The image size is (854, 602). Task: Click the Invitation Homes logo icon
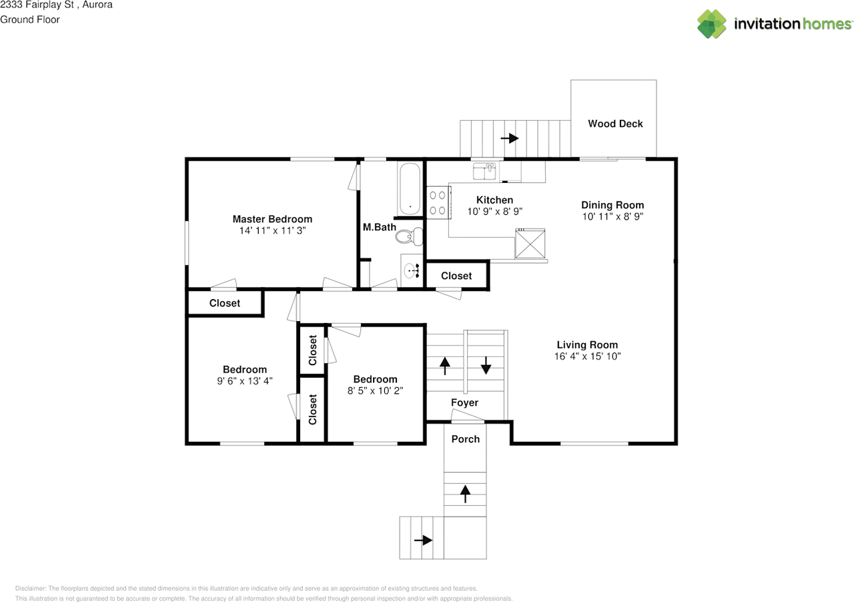[x=712, y=24]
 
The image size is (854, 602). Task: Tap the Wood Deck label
[x=615, y=123]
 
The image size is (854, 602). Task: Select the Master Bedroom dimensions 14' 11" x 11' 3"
[x=272, y=230]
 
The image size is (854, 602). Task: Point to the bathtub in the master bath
[x=410, y=189]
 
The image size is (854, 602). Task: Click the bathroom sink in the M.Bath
[x=410, y=270]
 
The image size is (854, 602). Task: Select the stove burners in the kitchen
[x=437, y=203]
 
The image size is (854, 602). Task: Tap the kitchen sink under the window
[x=484, y=172]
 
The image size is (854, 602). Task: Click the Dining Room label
[x=612, y=205]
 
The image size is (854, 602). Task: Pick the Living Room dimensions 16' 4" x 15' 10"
[x=587, y=356]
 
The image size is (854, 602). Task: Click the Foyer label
[x=464, y=402]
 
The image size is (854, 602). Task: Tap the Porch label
[x=465, y=438]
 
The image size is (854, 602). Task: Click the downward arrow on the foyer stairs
[x=486, y=365]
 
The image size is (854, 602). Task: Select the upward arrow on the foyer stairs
[x=444, y=365]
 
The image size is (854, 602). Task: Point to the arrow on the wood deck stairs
[x=510, y=138]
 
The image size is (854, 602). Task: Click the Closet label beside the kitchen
[x=456, y=276]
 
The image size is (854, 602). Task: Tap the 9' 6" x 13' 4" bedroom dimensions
[x=245, y=380]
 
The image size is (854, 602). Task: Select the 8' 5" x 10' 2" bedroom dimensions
[x=375, y=390]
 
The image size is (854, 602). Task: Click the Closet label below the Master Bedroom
[x=225, y=303]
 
